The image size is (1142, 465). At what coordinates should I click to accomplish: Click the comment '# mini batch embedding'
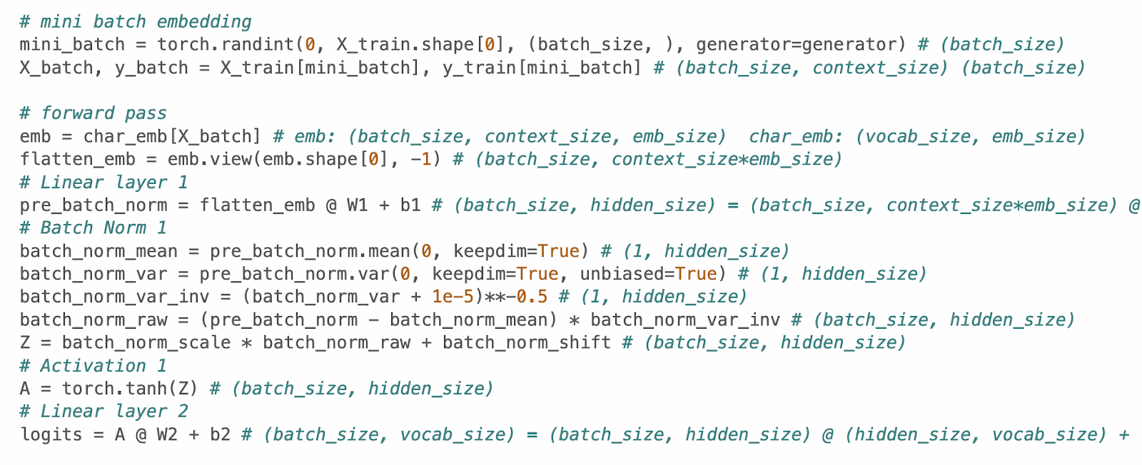(136, 21)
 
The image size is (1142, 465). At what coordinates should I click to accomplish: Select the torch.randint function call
(226, 44)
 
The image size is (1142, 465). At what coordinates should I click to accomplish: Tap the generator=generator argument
(796, 44)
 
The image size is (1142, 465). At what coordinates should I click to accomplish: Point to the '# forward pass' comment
(93, 113)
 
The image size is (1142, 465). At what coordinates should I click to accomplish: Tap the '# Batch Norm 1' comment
(93, 228)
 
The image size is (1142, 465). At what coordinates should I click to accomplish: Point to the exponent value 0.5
(532, 297)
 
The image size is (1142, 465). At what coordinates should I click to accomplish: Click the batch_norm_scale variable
(146, 343)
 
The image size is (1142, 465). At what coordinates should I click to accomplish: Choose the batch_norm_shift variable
(527, 343)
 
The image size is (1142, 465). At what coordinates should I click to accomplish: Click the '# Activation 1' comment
(93, 366)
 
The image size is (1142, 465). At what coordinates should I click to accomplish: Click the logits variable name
(51, 434)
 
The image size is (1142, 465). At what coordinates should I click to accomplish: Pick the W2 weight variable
(167, 434)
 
